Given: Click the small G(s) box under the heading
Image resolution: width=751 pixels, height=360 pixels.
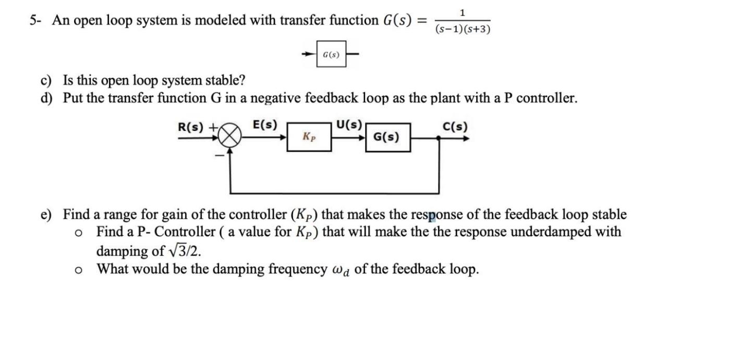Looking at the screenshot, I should [331, 54].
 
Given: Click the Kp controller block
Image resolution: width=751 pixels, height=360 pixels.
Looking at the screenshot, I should [309, 137].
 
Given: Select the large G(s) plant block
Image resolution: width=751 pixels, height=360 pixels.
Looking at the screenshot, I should [387, 138].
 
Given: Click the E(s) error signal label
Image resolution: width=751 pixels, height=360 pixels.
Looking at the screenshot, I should [264, 125].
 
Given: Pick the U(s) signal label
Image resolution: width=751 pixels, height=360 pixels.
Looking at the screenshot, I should [349, 125].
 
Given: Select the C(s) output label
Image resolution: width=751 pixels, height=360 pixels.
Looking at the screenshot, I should [455, 127].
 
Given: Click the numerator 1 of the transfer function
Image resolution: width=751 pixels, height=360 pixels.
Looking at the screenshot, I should [463, 12].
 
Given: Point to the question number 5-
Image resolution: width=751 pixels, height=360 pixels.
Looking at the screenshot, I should [35, 20].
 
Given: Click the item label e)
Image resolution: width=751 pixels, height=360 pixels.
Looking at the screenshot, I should [47, 214].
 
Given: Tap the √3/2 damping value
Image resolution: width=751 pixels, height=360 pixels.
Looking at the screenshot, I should [185, 251].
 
